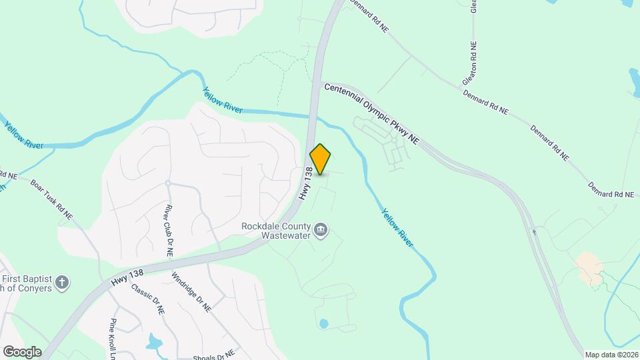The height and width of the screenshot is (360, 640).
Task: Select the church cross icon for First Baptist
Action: [62, 283]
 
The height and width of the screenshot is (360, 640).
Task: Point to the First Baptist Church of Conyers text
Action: [27, 284]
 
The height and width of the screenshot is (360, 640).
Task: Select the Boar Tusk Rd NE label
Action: [51, 198]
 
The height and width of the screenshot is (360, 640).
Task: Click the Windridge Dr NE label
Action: [191, 292]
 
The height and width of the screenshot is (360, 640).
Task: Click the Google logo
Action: [22, 351]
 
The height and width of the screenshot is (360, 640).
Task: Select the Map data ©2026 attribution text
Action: [610, 355]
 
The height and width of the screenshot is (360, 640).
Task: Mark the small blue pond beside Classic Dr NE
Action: [155, 341]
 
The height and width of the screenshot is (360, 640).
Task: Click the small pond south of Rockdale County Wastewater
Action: [324, 323]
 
